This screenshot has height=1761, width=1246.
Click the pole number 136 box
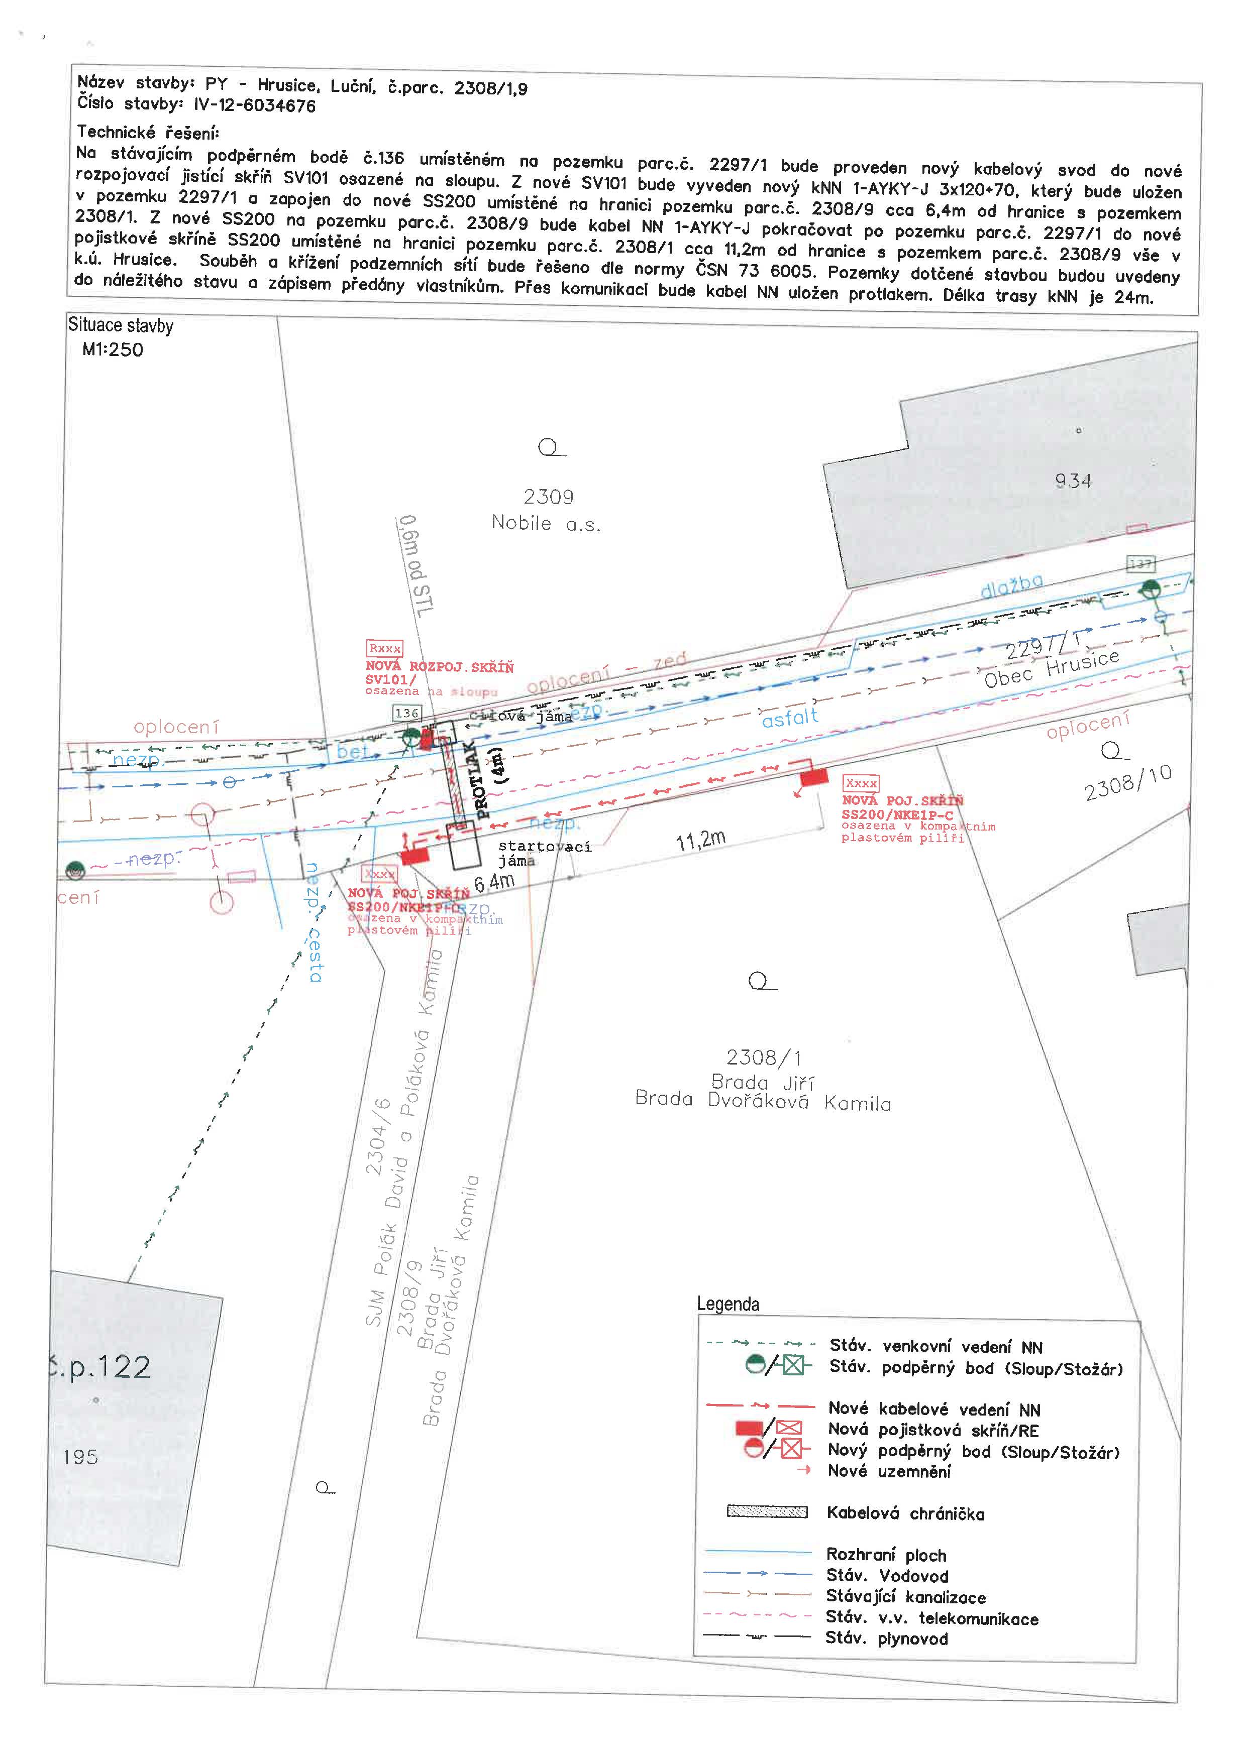pyautogui.click(x=406, y=714)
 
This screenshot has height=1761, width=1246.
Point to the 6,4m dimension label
pyautogui.click(x=494, y=883)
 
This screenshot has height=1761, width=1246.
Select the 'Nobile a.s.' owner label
pyautogui.click(x=546, y=524)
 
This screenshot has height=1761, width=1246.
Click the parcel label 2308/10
pyautogui.click(x=1128, y=782)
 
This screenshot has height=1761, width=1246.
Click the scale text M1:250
pyautogui.click(x=113, y=350)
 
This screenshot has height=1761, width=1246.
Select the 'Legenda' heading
pyautogui.click(x=728, y=1304)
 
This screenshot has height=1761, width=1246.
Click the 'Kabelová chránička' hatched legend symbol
pyautogui.click(x=767, y=1512)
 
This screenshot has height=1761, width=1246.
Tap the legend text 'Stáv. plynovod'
pyautogui.click(x=886, y=1639)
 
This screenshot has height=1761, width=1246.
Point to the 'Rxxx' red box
pyautogui.click(x=384, y=649)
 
